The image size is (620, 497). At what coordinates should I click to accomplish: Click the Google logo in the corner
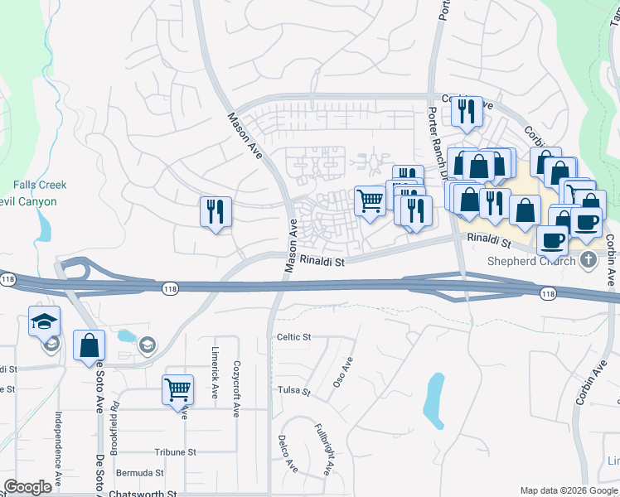coord(27,487)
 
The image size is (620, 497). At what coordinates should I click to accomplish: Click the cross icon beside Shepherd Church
coord(589,261)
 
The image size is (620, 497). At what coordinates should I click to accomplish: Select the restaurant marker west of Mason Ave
coord(215,212)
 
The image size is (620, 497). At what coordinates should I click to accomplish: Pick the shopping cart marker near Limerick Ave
coord(178,389)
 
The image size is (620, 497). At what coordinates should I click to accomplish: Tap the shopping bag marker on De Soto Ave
coord(89,346)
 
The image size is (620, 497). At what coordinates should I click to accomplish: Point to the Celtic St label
coord(293,337)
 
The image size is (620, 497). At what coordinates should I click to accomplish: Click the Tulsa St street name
coord(293,390)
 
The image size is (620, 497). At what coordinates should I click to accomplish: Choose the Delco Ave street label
coord(288,454)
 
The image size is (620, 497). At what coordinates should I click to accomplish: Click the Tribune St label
coord(175,452)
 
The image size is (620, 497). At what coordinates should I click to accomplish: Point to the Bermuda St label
coord(140,472)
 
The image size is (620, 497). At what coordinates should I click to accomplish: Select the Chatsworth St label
coord(143,494)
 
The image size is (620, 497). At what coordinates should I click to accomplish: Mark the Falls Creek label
coord(34,186)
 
